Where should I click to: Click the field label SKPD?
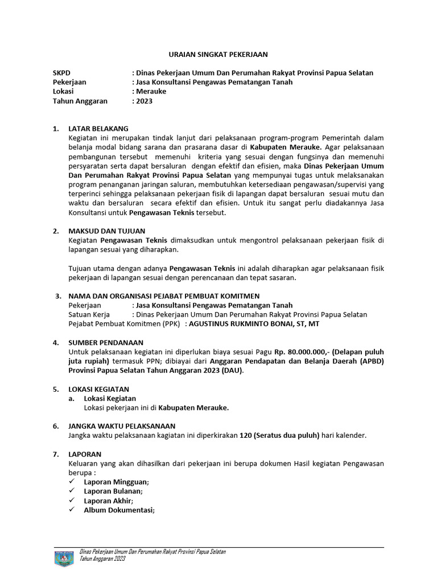click(62, 73)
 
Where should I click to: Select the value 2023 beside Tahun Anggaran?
click(143, 101)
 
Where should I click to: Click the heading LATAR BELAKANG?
click(98, 129)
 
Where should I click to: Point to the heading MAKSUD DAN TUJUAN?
click(105, 231)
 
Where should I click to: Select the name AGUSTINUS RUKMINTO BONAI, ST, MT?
click(253, 323)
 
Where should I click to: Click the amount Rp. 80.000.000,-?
click(303, 352)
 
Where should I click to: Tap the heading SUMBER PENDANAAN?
click(105, 343)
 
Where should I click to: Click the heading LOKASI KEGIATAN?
click(98, 389)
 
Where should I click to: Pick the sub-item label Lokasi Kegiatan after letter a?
click(110, 399)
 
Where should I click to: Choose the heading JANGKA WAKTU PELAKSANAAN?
click(122, 426)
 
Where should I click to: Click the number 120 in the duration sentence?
click(245, 436)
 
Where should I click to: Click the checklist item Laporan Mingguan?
click(116, 482)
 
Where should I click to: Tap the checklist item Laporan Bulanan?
click(113, 491)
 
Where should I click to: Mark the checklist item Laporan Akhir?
click(108, 500)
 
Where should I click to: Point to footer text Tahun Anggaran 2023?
click(102, 560)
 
